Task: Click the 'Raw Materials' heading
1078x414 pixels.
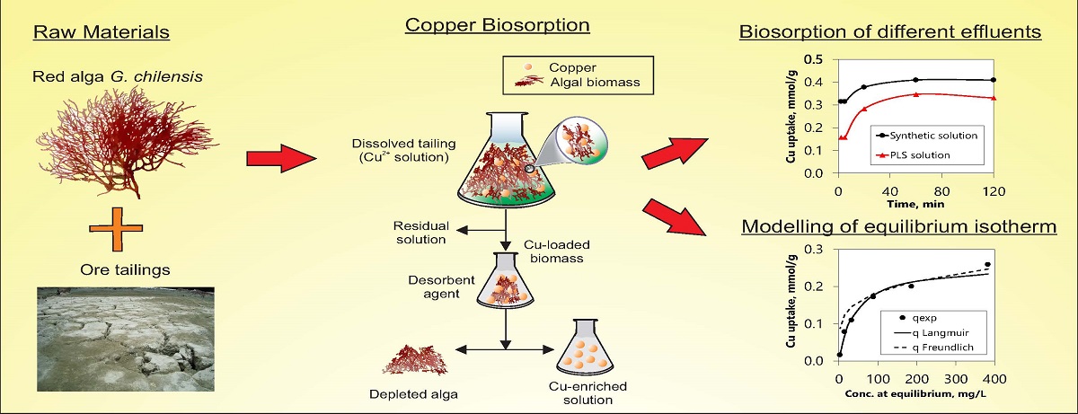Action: click(101, 32)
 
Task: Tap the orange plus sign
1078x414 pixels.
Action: click(116, 229)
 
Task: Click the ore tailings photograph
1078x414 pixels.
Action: click(126, 339)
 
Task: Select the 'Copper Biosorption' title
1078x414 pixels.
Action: click(497, 25)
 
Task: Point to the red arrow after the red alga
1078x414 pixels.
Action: click(281, 158)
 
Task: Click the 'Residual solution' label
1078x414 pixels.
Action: click(420, 233)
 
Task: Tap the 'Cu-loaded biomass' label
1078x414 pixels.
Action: click(557, 251)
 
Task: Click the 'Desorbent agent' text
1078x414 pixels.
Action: click(441, 287)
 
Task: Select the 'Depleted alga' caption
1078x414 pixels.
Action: click(413, 394)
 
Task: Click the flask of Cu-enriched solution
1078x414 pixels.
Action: click(585, 348)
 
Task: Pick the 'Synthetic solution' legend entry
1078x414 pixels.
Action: click(927, 136)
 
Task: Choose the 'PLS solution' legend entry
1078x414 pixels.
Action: click(914, 154)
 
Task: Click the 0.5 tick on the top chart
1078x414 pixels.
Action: click(813, 59)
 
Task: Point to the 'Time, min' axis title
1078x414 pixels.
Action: click(915, 204)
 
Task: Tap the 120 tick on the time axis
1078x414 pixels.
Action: click(994, 191)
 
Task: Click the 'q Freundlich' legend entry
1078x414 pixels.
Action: click(933, 348)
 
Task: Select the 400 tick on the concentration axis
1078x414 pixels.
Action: click(994, 379)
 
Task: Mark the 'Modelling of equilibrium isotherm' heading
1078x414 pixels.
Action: click(899, 226)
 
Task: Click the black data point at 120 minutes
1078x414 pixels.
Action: click(994, 80)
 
